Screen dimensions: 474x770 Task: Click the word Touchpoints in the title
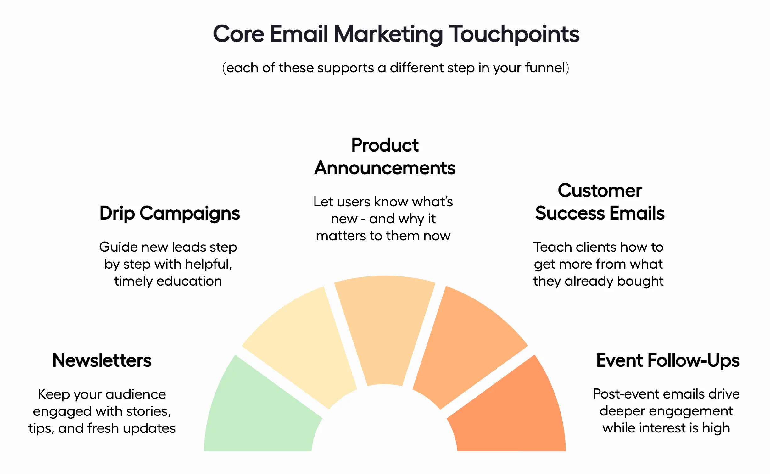click(514, 34)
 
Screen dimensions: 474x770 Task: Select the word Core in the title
click(238, 34)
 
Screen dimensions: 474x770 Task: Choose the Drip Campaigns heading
click(170, 213)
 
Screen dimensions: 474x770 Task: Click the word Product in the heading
click(385, 145)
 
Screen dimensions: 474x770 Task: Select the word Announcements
click(385, 168)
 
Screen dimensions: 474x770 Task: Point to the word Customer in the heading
click(600, 191)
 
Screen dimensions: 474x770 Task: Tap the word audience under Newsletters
click(136, 394)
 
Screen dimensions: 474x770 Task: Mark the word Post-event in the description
click(617, 394)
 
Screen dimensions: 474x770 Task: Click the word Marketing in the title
click(388, 34)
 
